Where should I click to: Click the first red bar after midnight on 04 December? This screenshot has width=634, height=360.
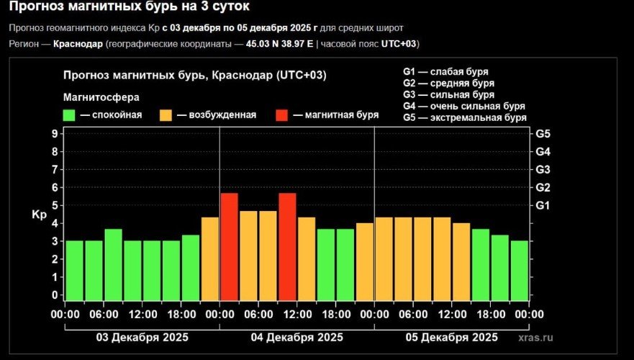point(229,246)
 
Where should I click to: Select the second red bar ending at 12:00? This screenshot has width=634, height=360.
point(287,246)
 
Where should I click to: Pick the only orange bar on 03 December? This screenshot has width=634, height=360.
point(210,258)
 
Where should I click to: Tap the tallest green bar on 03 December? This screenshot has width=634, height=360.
point(113,264)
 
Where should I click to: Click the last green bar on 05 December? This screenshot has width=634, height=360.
point(520,270)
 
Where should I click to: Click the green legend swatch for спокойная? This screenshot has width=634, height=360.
point(70,115)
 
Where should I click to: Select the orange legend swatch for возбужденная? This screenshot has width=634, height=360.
point(166,115)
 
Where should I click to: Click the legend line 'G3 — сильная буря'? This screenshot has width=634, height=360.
point(448,94)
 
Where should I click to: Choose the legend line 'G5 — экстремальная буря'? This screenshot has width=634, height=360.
point(464,117)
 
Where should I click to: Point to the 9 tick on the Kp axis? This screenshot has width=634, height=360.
point(55,134)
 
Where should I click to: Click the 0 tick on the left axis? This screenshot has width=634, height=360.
point(55,295)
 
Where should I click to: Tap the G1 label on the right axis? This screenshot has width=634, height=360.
point(543,206)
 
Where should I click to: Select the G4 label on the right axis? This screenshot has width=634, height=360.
point(543,152)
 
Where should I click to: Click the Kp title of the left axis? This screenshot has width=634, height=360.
point(38,215)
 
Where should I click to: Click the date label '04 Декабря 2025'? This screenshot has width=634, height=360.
point(296,338)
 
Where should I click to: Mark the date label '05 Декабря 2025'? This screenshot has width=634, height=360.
point(451,338)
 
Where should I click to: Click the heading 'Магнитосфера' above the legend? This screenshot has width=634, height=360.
point(101,96)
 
